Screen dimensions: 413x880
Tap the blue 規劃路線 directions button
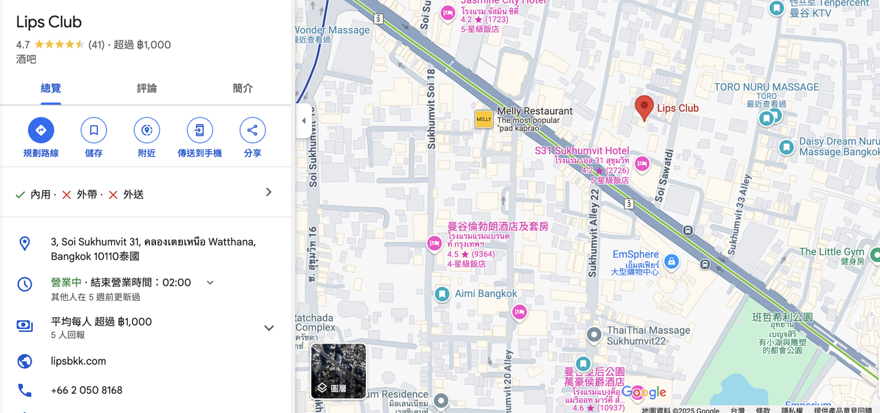click(41, 130)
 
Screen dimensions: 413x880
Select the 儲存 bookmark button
click(93, 130)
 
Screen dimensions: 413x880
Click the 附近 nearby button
click(146, 130)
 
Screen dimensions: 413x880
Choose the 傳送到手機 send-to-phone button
click(199, 130)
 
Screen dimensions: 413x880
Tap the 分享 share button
click(252, 130)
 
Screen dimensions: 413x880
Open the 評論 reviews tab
click(146, 88)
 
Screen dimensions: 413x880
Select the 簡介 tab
click(243, 88)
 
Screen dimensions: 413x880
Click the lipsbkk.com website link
click(78, 361)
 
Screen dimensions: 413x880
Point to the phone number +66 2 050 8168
click(87, 390)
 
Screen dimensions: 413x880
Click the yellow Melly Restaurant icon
click(484, 119)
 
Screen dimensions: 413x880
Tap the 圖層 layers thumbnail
click(338, 371)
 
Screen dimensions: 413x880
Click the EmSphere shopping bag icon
click(672, 261)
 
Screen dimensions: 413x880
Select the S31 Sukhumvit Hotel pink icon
click(641, 164)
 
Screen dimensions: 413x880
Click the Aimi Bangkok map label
click(485, 293)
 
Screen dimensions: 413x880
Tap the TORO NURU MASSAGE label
click(766, 87)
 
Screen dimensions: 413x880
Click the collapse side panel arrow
click(304, 121)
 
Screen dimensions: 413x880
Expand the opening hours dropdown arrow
click(210, 282)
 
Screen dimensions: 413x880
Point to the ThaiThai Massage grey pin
click(594, 335)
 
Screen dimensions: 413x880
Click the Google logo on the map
click(644, 393)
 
